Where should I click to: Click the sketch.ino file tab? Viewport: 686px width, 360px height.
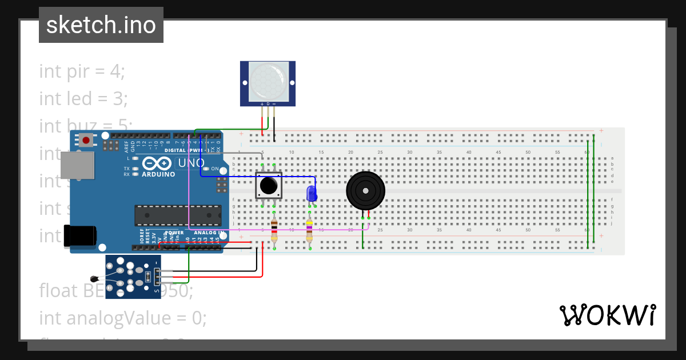point(101,25)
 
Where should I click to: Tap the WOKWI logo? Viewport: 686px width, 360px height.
point(607,315)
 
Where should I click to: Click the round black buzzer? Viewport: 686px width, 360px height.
point(365,191)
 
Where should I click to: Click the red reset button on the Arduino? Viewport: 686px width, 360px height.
point(86,139)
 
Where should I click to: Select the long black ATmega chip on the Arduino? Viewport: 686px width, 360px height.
point(177,215)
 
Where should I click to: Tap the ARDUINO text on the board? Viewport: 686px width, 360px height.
point(158,174)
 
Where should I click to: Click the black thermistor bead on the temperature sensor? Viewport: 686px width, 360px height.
point(94,279)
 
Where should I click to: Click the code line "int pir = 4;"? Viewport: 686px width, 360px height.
point(82,71)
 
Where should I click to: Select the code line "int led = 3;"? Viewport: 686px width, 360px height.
point(83,99)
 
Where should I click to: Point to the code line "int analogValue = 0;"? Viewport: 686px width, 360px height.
point(123,317)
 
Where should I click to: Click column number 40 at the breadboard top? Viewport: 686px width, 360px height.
point(468,152)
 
